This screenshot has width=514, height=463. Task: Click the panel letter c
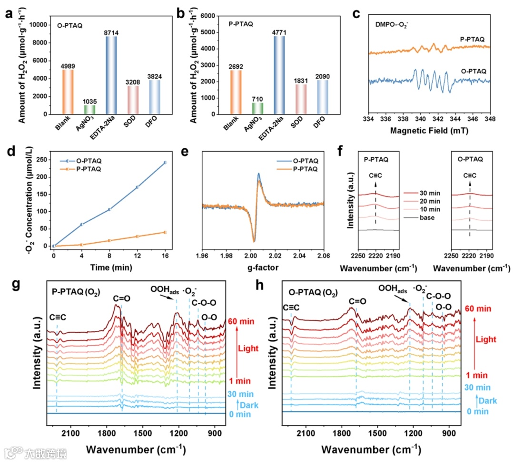(356, 13)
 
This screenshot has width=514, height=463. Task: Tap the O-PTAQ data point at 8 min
(109, 209)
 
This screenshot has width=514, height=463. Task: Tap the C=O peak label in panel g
(119, 299)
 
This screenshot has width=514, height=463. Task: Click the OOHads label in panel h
(393, 288)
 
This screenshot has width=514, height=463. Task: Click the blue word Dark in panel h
(487, 401)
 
